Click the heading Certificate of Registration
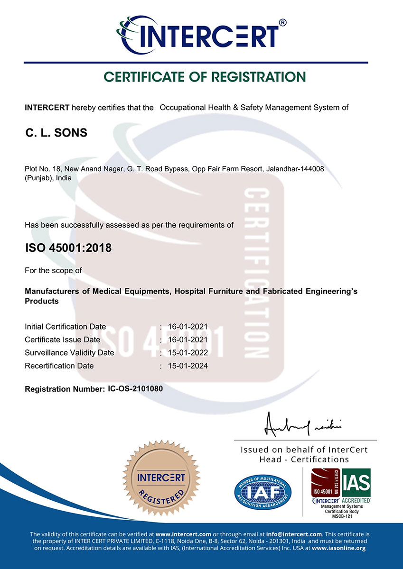[205, 77]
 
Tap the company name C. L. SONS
[56, 133]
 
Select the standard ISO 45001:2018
[68, 248]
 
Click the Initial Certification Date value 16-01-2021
[188, 327]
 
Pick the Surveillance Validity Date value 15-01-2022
[188, 353]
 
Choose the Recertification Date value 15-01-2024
[188, 366]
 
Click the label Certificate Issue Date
[62, 340]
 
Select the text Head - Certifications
[304, 459]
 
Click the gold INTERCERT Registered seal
[161, 484]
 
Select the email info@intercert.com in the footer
[295, 534]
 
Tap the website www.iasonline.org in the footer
[338, 548]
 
